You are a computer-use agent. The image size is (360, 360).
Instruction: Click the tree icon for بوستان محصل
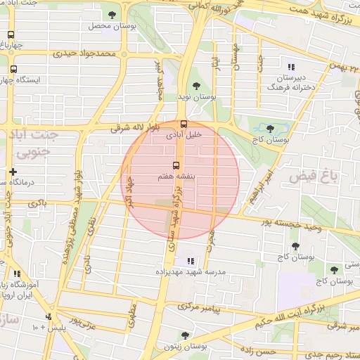tap(112, 14)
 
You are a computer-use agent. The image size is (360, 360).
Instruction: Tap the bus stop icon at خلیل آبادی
tap(184, 124)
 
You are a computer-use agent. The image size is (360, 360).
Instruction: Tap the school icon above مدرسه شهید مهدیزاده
tap(190, 261)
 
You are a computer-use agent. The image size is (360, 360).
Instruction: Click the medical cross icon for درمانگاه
tap(12, 172)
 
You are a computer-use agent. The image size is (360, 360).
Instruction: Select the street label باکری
tap(39, 202)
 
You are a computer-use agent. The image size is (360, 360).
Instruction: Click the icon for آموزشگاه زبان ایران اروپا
tap(16, 274)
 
